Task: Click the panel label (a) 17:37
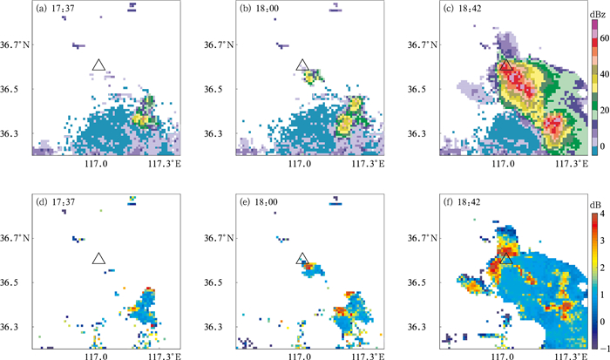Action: [54, 11]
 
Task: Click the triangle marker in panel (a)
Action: [98, 65]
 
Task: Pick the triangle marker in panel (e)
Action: [302, 259]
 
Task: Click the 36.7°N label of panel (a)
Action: [17, 44]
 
